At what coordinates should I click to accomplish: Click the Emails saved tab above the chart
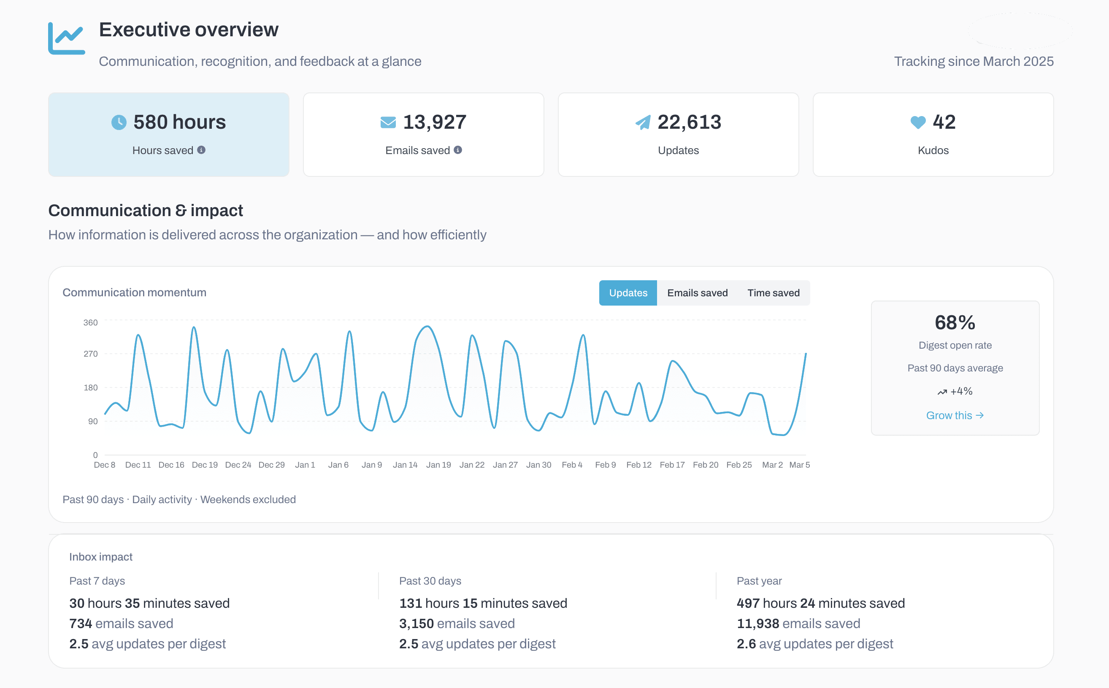(697, 293)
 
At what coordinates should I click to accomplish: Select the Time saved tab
(773, 293)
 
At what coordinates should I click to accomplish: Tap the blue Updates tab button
(628, 293)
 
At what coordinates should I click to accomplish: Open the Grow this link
(955, 415)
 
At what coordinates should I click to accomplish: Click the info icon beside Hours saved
(201, 150)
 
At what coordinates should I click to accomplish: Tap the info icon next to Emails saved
(457, 150)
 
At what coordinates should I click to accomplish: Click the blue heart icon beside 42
(917, 122)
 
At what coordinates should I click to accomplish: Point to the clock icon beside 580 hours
(119, 122)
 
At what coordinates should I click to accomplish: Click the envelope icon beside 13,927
(388, 122)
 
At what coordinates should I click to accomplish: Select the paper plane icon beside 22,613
(643, 122)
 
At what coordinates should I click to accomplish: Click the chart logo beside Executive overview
(66, 38)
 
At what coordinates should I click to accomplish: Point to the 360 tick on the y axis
(91, 322)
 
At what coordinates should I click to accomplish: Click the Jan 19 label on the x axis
(438, 465)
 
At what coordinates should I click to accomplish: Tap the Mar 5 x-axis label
(799, 465)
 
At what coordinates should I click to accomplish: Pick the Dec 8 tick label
(104, 465)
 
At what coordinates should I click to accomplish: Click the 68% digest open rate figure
(955, 322)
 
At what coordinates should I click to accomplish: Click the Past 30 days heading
(430, 581)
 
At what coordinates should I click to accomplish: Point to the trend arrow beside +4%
(941, 392)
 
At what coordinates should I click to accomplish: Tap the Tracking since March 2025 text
(974, 62)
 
